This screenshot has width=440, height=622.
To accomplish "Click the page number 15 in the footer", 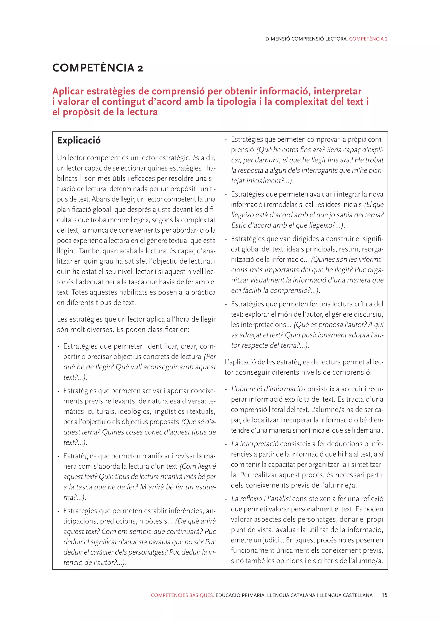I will click(384, 595).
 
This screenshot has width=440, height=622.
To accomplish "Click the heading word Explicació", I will click(79, 140).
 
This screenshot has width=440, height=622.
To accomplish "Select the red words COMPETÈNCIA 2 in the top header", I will click(368, 39).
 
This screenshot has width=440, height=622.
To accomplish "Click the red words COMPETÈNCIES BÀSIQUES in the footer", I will click(182, 595).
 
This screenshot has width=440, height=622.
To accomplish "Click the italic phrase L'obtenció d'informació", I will click(267, 389).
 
